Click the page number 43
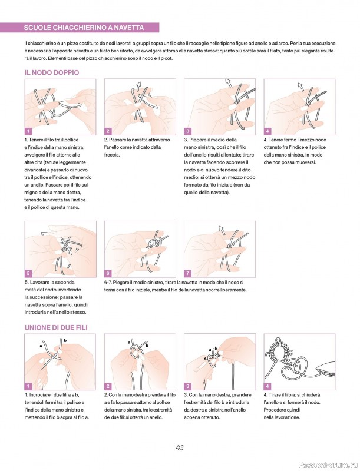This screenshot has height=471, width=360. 180,447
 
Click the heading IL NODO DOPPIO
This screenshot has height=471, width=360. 52,72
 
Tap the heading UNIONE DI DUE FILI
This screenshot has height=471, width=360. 56,327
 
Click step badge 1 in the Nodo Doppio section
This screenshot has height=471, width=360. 28,131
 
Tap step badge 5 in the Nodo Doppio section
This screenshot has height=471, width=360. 28,273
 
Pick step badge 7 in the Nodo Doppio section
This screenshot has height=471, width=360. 187,273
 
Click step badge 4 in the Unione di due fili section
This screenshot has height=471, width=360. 267,386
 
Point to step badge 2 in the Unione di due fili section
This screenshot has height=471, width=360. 108,386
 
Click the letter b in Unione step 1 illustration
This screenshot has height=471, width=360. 65,340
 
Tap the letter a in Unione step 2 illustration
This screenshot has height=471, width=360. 129,342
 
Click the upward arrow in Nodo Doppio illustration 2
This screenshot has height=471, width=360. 138,86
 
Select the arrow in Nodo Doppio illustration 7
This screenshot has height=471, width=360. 222,231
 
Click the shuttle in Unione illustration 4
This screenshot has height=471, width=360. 325,369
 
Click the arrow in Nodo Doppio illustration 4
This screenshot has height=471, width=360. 301,86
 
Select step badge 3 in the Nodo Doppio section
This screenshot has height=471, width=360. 187,131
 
